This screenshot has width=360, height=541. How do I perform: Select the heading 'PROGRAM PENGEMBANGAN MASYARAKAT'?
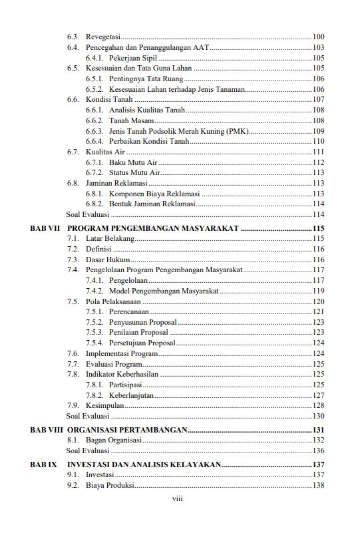pos(153,228)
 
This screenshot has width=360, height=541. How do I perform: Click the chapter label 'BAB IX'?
pos(43,464)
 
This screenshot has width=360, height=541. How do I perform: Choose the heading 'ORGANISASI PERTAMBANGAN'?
pos(127,431)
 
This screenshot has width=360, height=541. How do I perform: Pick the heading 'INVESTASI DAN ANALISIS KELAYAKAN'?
pos(144,464)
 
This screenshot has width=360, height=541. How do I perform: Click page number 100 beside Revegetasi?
pos(318,37)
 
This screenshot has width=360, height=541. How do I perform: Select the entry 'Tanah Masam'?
pos(132,120)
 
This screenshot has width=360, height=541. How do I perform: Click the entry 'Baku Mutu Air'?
pos(133,163)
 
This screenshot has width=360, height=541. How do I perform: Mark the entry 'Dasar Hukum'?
pos(108,260)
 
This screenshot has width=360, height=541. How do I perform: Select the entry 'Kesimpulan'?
pos(104,405)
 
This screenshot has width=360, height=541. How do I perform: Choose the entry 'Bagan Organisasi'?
pos(113,441)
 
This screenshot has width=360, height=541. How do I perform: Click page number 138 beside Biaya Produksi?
pos(318,486)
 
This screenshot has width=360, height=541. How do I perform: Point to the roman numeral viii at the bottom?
pos(178,498)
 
